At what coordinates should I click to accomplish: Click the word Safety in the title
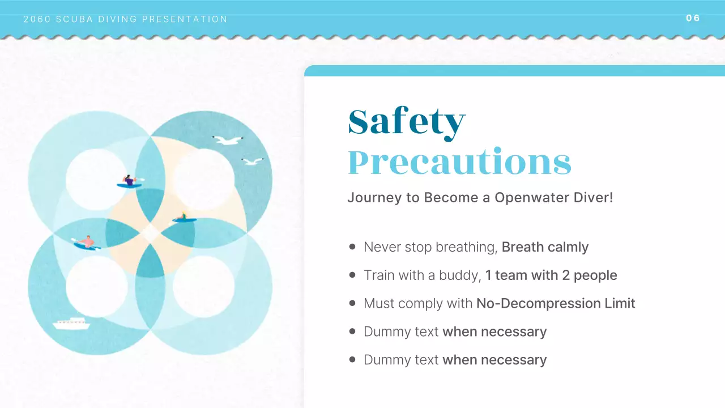coord(406,122)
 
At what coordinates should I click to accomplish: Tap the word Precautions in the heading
coord(459,163)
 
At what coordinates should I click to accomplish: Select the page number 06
coord(693,18)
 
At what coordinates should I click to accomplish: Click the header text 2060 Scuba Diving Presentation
coord(126,19)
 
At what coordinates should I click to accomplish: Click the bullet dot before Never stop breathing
coord(352,247)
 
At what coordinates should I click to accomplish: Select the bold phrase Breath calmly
coord(545,247)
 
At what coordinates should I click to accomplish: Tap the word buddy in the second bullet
coord(461,275)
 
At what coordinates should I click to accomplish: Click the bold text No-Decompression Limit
coord(556,304)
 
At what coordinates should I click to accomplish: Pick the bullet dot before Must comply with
coord(352,304)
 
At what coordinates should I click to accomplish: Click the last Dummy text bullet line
coord(455,360)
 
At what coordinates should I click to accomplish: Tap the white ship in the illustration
coord(71,324)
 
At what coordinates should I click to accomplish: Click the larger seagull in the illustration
coord(228,140)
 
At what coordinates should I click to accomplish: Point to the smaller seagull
coord(252,161)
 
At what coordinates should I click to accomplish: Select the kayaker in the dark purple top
coord(130,181)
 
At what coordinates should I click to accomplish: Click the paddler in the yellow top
coord(184,218)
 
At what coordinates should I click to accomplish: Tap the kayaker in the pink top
coord(87,243)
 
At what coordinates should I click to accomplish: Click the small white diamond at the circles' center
coord(150,233)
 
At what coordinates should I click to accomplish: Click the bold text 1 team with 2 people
coord(551,275)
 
